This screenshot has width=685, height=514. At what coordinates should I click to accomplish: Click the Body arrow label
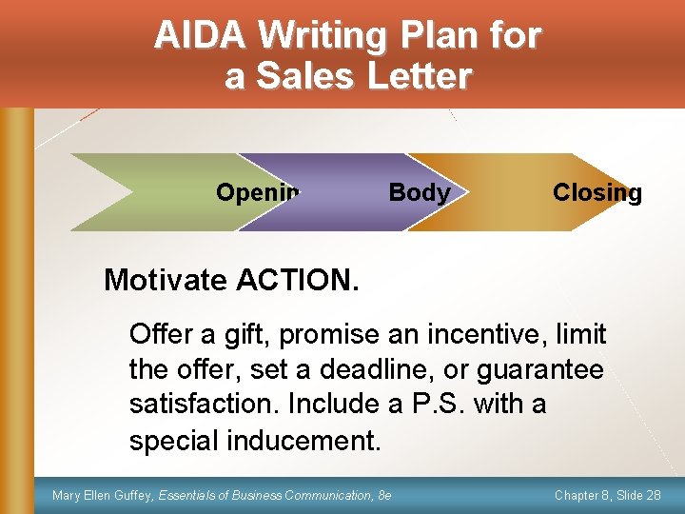[x=419, y=193]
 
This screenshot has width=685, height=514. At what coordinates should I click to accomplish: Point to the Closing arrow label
[x=597, y=193]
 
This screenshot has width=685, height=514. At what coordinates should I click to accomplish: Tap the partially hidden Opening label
[x=257, y=193]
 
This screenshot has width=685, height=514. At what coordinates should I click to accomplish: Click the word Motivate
[x=166, y=280]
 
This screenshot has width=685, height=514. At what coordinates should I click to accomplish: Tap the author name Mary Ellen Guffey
[x=102, y=495]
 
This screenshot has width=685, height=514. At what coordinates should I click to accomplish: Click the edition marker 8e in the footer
[x=383, y=495]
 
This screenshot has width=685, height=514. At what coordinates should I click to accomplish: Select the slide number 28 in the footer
[x=652, y=495]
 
